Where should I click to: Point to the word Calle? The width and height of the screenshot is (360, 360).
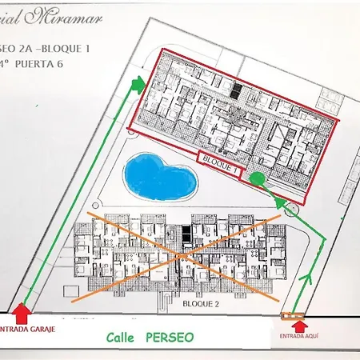(x=122, y=338)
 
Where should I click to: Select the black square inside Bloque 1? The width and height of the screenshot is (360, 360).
(x=234, y=91)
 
